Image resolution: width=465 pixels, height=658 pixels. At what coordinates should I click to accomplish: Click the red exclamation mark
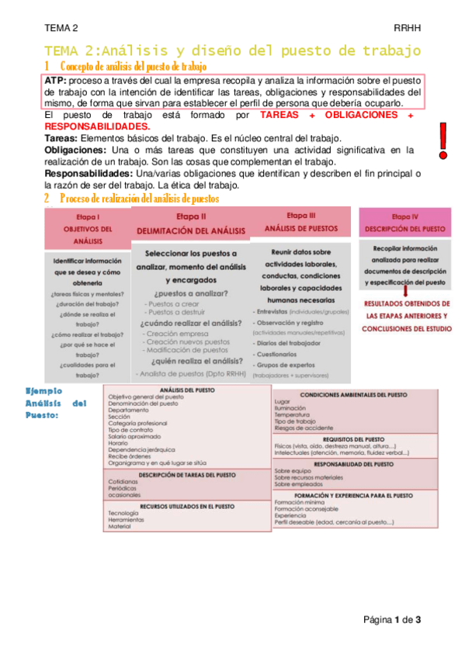(x=443, y=140)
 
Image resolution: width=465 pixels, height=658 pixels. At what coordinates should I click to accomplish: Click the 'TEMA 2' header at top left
(x=61, y=28)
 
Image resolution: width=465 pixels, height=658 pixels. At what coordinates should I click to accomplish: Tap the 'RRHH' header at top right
(x=407, y=28)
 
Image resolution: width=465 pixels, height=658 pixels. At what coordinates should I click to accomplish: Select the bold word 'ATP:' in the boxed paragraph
(x=55, y=81)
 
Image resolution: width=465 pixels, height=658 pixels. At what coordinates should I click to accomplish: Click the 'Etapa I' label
(x=88, y=218)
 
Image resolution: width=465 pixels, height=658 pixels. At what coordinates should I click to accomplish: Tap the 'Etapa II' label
(x=191, y=216)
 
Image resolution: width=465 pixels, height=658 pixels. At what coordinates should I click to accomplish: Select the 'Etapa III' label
(x=301, y=215)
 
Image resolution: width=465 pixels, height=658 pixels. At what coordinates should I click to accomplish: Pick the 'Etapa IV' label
(x=404, y=217)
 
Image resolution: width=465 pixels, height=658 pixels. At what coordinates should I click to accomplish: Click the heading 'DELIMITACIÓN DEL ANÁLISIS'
(x=191, y=231)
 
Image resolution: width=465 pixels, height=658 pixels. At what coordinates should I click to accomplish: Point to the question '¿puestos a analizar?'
(x=191, y=293)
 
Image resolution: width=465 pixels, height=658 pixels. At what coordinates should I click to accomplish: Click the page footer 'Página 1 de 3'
(x=392, y=619)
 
